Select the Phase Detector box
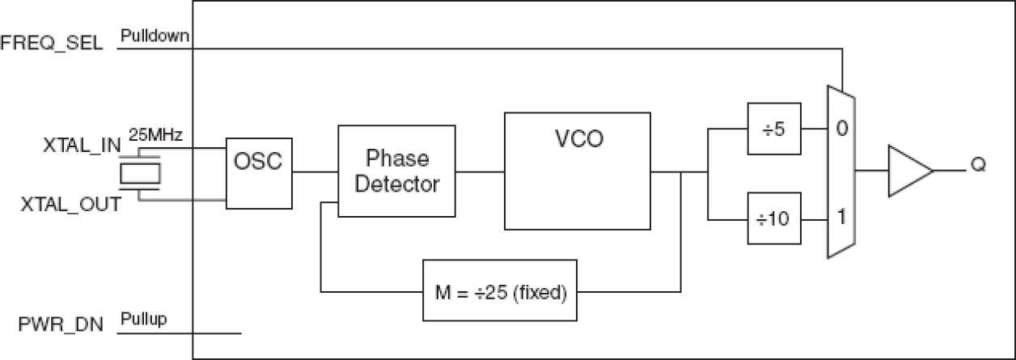[396, 171]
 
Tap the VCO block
[577, 171]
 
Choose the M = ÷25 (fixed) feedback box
[500, 290]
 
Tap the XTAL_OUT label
[71, 205]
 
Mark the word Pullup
[144, 320]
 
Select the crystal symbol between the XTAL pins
[139, 172]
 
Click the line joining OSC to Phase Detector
[315, 171]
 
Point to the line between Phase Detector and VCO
[480, 171]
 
